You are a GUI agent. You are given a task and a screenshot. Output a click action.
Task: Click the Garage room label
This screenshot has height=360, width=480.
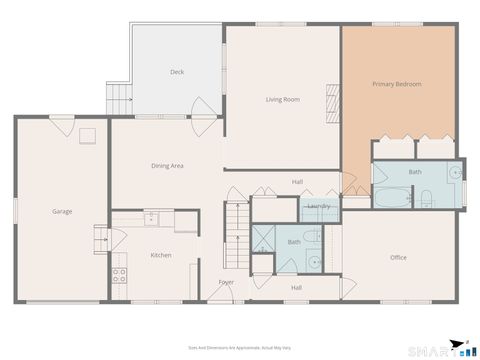(62, 211)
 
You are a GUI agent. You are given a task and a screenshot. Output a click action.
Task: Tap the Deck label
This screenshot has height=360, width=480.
(177, 72)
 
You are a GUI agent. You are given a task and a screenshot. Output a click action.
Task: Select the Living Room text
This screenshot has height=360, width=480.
(283, 99)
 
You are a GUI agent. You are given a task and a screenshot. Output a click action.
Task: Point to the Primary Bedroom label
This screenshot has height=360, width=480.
(397, 84)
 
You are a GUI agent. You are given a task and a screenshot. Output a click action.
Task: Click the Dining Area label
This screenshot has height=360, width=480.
(166, 165)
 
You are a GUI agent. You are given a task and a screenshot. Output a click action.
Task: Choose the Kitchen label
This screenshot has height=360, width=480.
(160, 255)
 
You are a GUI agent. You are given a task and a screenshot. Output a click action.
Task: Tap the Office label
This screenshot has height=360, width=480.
(398, 257)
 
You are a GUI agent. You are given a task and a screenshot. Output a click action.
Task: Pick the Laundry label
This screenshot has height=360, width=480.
(319, 206)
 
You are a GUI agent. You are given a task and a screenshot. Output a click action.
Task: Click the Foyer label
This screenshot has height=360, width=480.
(227, 282)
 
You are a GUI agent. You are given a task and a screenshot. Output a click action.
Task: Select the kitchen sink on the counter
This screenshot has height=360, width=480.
(151, 217)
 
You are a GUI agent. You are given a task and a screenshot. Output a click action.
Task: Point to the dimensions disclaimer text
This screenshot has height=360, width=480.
(240, 347)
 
